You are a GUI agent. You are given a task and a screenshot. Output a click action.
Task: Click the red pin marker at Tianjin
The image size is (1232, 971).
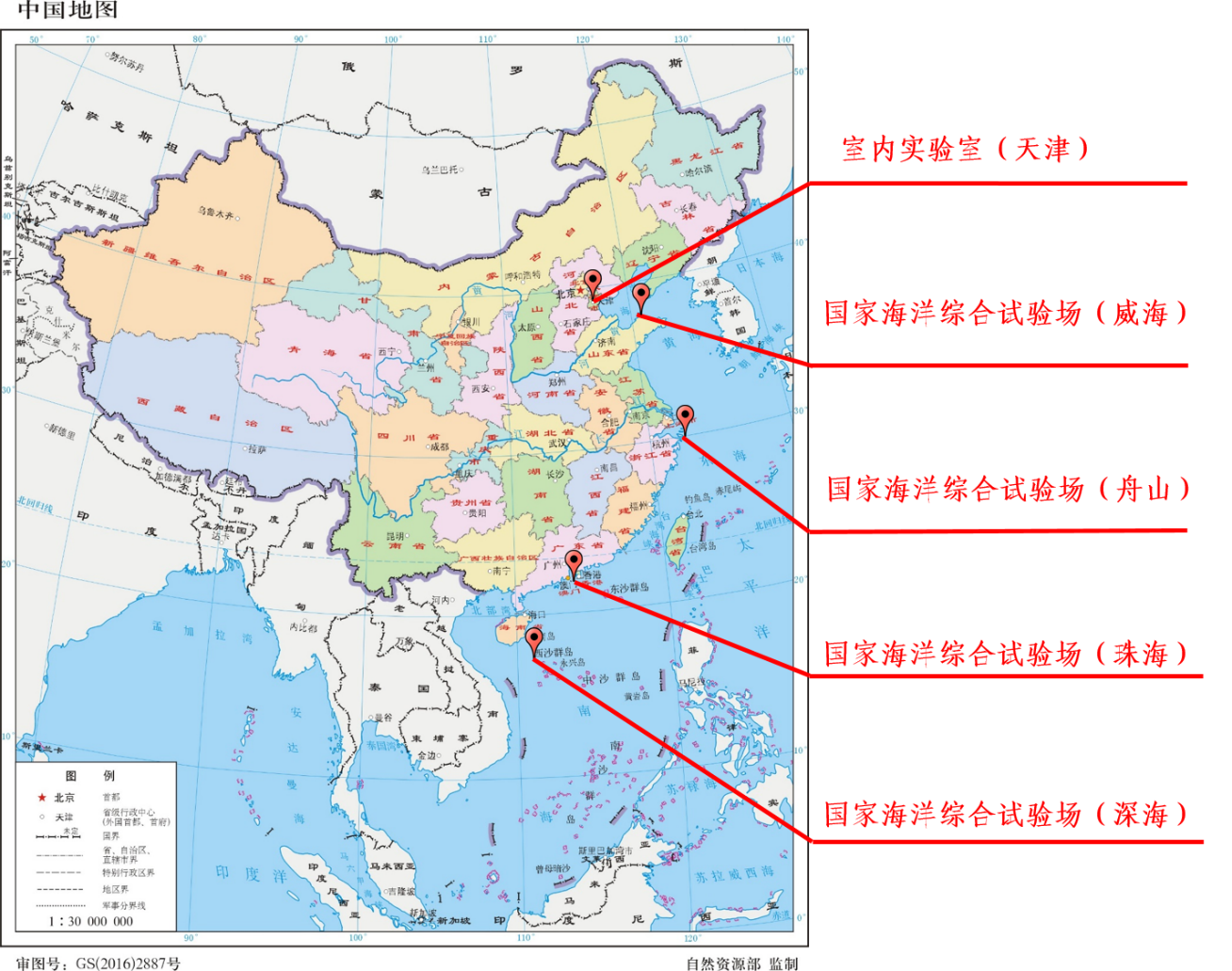point(592,282)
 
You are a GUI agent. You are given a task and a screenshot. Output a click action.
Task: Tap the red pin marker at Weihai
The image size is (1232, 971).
point(641,296)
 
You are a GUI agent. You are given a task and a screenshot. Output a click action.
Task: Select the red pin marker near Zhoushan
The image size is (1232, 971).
point(686,416)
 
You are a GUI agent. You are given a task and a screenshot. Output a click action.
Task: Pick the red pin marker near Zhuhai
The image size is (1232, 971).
point(574,563)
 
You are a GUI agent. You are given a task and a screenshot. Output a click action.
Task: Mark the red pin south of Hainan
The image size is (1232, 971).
point(534,639)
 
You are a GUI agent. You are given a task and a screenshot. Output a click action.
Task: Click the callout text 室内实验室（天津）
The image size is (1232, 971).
point(965,149)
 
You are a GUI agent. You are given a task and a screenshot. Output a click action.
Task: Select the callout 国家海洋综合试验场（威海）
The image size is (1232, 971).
point(1005,314)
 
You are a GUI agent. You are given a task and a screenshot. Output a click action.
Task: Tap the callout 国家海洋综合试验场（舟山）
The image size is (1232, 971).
point(1007,489)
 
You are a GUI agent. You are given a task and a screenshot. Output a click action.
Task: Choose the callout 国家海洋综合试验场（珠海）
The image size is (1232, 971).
point(1005,654)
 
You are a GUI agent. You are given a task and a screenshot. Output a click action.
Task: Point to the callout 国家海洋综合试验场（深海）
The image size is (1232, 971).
point(1005,815)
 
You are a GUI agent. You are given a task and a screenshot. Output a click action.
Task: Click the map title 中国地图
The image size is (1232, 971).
point(68,11)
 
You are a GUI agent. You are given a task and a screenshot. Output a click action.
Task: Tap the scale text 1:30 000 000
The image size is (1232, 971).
point(91,921)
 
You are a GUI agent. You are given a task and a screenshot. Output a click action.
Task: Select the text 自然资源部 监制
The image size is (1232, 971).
point(741,963)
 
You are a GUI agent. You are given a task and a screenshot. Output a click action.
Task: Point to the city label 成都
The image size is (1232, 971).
point(440,446)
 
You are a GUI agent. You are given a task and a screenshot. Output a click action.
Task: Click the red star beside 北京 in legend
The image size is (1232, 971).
point(42,797)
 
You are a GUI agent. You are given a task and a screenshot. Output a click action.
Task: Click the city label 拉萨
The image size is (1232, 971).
point(256,449)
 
